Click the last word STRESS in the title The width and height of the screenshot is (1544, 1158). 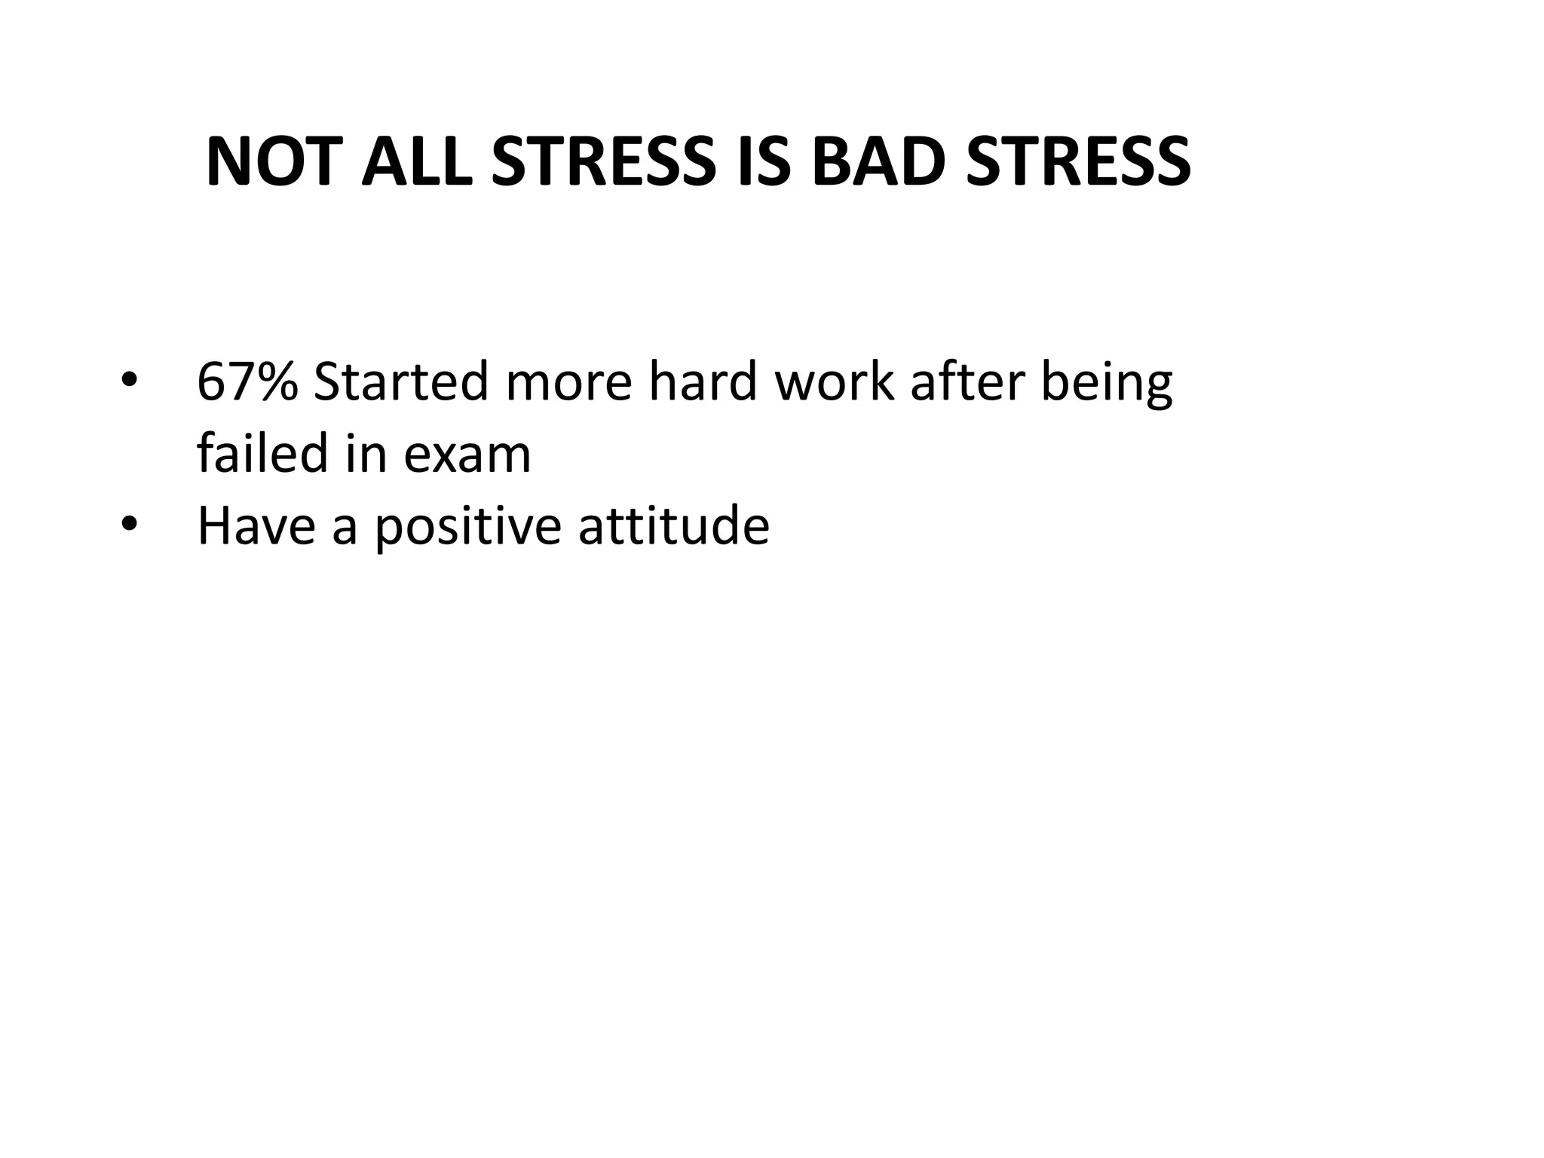click(x=1079, y=161)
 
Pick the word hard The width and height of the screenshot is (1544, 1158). click(x=703, y=381)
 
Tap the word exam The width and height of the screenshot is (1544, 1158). click(x=467, y=455)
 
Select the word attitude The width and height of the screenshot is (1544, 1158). click(x=674, y=525)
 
